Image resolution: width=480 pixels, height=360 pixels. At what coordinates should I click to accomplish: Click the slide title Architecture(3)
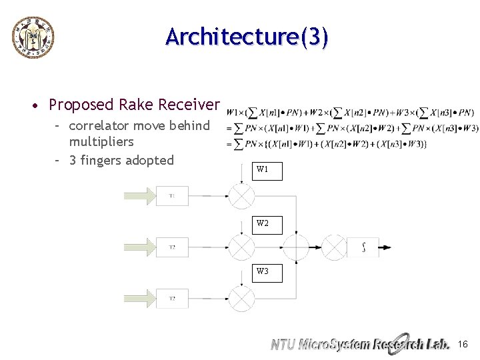click(247, 37)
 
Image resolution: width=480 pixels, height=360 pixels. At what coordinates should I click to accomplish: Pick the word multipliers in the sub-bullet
click(101, 141)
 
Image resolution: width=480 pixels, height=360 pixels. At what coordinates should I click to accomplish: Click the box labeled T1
click(172, 196)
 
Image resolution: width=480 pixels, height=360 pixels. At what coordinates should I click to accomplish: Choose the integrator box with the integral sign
click(363, 247)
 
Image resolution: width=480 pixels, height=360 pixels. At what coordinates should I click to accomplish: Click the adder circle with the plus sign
click(296, 247)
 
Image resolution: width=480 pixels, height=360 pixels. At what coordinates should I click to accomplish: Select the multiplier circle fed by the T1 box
click(241, 196)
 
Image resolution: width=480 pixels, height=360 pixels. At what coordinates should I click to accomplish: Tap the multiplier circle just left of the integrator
click(335, 247)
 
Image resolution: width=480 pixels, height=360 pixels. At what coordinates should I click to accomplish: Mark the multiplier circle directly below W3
click(241, 298)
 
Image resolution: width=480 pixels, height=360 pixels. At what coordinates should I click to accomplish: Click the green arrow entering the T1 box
click(139, 196)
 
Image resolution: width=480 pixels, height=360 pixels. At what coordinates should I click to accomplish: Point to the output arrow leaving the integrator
click(385, 247)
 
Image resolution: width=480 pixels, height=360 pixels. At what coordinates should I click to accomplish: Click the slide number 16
click(463, 344)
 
